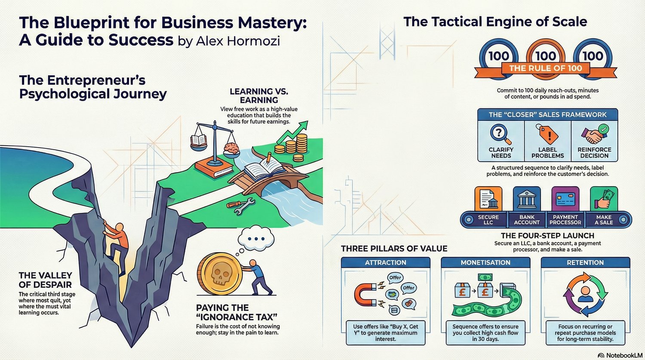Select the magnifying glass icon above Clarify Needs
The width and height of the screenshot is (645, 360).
tap(501, 134)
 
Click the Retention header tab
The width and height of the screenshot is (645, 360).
tap(585, 262)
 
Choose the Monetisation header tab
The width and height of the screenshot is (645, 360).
tap(485, 262)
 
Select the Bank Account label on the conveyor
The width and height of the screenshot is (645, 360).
tap(527, 220)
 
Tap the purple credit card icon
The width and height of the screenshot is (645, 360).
tap(565, 199)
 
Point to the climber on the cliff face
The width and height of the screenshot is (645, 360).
tap(117, 245)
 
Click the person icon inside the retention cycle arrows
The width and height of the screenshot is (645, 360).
tap(585, 294)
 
